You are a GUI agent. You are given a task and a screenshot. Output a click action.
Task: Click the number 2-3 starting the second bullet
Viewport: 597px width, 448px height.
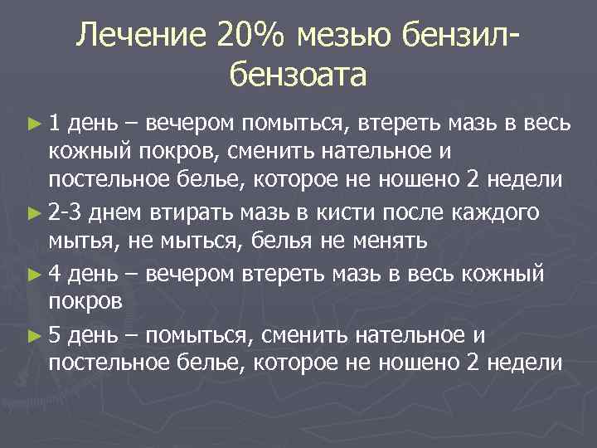click(66, 213)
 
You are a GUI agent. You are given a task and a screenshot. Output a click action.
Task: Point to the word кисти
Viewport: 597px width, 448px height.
click(337, 213)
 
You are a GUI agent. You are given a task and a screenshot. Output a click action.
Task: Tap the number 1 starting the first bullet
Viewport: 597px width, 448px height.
click(54, 124)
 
